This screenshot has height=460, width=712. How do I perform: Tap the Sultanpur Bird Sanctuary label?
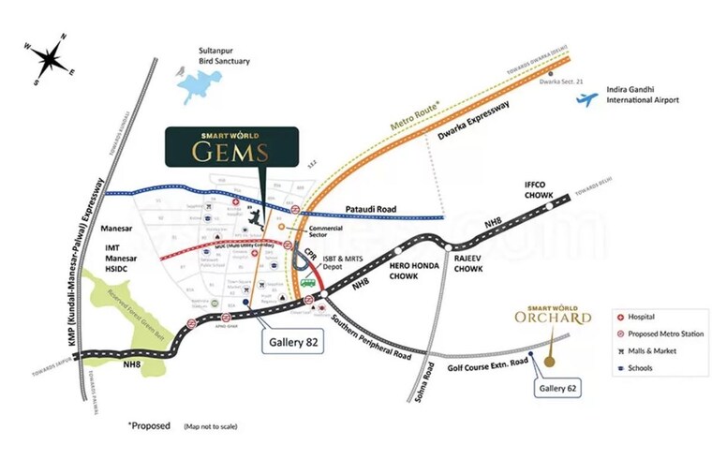coord(224,55)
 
